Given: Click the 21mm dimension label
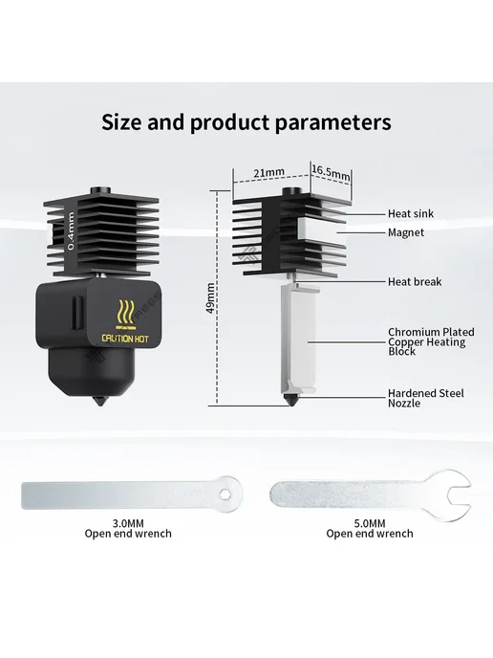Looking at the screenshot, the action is pyautogui.click(x=268, y=172).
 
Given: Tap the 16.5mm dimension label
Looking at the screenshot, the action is pyautogui.click(x=331, y=171).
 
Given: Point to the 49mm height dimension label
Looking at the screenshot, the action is pyautogui.click(x=210, y=298).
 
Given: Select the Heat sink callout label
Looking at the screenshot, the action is pyautogui.click(x=411, y=213).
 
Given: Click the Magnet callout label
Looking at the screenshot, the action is pyautogui.click(x=406, y=232).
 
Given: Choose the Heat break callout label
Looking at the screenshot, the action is pyautogui.click(x=415, y=281).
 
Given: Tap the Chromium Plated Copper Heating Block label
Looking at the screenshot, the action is pyautogui.click(x=431, y=341).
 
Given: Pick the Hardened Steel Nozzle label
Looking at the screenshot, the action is pyautogui.click(x=425, y=398).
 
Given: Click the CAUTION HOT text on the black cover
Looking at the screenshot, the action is pyautogui.click(x=125, y=339).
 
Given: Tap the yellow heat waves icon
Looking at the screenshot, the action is pyautogui.click(x=127, y=313).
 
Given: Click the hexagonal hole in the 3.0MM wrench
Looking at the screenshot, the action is pyautogui.click(x=225, y=495).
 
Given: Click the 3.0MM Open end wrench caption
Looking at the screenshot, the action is pyautogui.click(x=128, y=528).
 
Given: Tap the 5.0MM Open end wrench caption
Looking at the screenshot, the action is pyautogui.click(x=370, y=528).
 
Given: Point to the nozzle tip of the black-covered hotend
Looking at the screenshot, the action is pyautogui.click(x=99, y=402).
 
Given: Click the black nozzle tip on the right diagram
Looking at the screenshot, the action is pyautogui.click(x=289, y=400).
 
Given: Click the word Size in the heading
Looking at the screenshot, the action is pyautogui.click(x=120, y=122).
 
